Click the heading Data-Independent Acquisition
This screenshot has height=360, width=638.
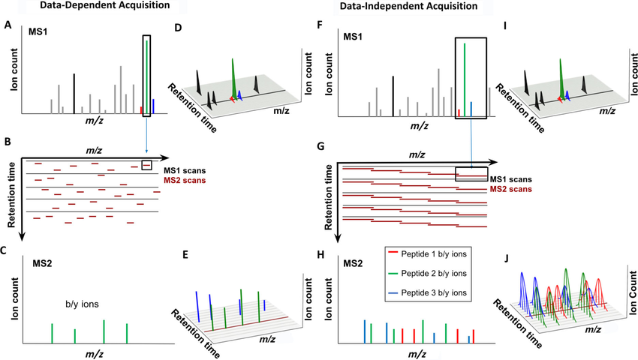[408, 6]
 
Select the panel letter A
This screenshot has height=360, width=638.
[8, 25]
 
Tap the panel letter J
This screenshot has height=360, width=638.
[507, 259]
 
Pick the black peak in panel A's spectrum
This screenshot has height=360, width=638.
[74, 94]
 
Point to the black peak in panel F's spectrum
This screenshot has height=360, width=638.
[393, 97]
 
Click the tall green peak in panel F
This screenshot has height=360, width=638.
[465, 80]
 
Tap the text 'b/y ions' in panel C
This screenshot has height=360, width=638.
[83, 304]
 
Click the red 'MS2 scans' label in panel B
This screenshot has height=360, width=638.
[185, 180]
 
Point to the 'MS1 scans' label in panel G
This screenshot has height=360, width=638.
[510, 179]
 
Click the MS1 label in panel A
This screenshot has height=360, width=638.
[38, 31]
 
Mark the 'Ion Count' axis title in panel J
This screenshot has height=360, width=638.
[633, 292]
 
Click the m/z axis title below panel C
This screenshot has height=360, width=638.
[94, 354]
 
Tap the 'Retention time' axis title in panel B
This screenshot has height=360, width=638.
[11, 195]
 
